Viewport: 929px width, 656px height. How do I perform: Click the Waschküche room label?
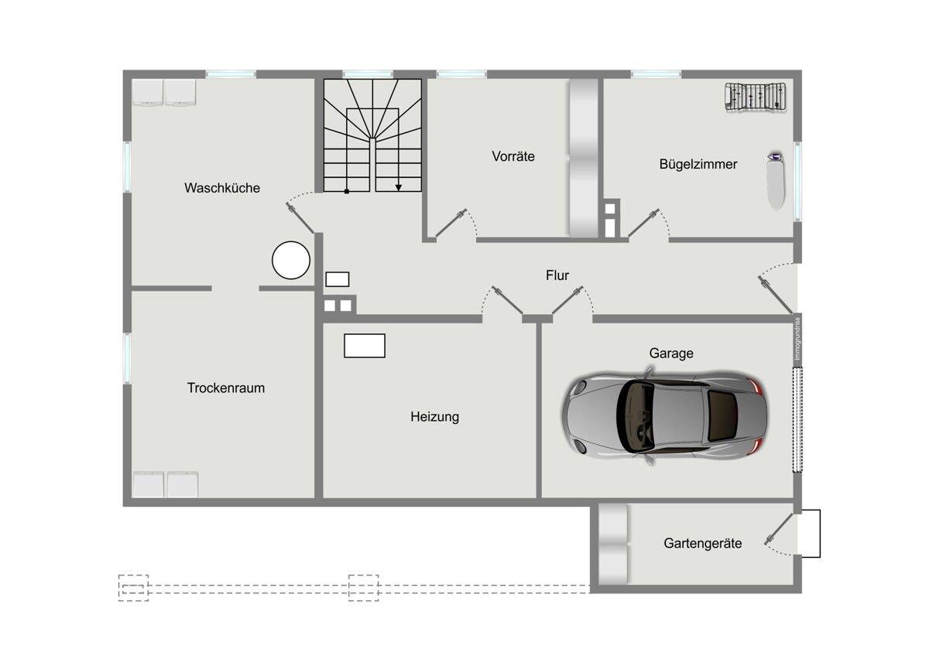point(222,188)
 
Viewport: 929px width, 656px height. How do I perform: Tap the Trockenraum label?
point(226,388)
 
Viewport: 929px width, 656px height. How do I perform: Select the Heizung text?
point(434,417)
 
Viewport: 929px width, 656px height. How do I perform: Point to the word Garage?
point(671,354)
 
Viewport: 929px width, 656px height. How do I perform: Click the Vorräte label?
point(513,156)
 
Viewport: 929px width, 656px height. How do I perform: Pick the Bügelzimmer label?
point(698,165)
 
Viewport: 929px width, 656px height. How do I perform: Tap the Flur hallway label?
point(557,275)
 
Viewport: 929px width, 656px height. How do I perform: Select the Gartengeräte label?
point(703,543)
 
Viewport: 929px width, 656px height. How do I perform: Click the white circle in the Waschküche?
point(291,260)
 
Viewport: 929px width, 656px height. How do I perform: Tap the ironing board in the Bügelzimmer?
point(776,181)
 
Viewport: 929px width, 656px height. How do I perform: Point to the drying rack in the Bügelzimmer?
point(756,97)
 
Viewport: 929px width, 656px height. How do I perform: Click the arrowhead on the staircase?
point(398,188)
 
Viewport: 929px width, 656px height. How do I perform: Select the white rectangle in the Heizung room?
point(365,346)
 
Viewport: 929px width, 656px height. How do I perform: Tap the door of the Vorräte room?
point(451,223)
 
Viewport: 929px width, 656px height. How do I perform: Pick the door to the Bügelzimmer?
point(643,223)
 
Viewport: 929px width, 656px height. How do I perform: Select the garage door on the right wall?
point(797,419)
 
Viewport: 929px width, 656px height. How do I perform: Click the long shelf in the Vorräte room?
point(584,158)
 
